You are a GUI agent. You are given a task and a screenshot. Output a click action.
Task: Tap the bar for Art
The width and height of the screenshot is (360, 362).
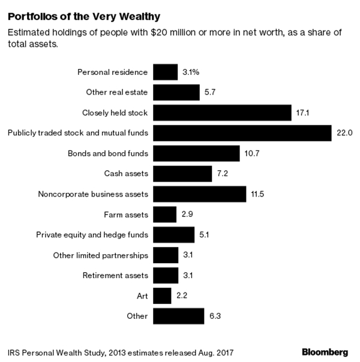coord(162,295)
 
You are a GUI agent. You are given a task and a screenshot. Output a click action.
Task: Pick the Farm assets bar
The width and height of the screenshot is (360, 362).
coord(164,214)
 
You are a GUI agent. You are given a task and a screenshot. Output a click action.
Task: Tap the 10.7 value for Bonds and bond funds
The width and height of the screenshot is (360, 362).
coord(251,153)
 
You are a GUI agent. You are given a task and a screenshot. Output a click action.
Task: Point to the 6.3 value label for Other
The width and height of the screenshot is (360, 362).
coord(214,316)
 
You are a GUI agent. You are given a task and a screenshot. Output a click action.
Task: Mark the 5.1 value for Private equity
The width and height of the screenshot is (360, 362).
coord(205,234)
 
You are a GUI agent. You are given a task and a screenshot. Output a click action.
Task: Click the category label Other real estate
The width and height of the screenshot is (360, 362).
coord(117,92)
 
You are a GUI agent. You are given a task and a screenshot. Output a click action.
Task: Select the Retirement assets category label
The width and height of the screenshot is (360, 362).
coord(115,275)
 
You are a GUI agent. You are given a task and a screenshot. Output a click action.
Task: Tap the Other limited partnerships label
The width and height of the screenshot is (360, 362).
coord(100,255)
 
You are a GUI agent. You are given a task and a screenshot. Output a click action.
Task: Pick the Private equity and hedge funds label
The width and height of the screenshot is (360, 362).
coord(92,234)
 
